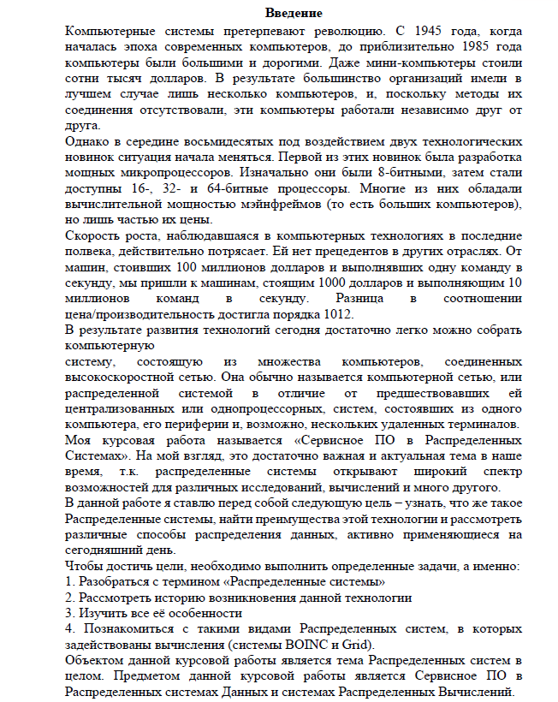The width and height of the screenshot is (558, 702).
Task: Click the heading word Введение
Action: tap(294, 14)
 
